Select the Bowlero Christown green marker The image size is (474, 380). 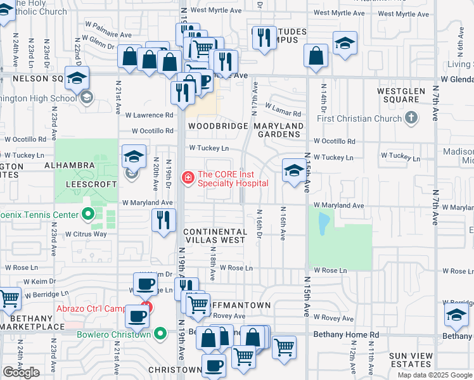click(161, 334)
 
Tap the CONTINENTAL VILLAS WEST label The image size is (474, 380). click(215, 236)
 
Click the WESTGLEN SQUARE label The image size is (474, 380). click(416, 95)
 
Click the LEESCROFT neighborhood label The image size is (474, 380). click(91, 184)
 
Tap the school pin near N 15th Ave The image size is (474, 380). click(293, 170)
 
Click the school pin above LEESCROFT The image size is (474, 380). click(134, 157)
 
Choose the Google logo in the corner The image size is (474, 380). click(21, 372)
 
